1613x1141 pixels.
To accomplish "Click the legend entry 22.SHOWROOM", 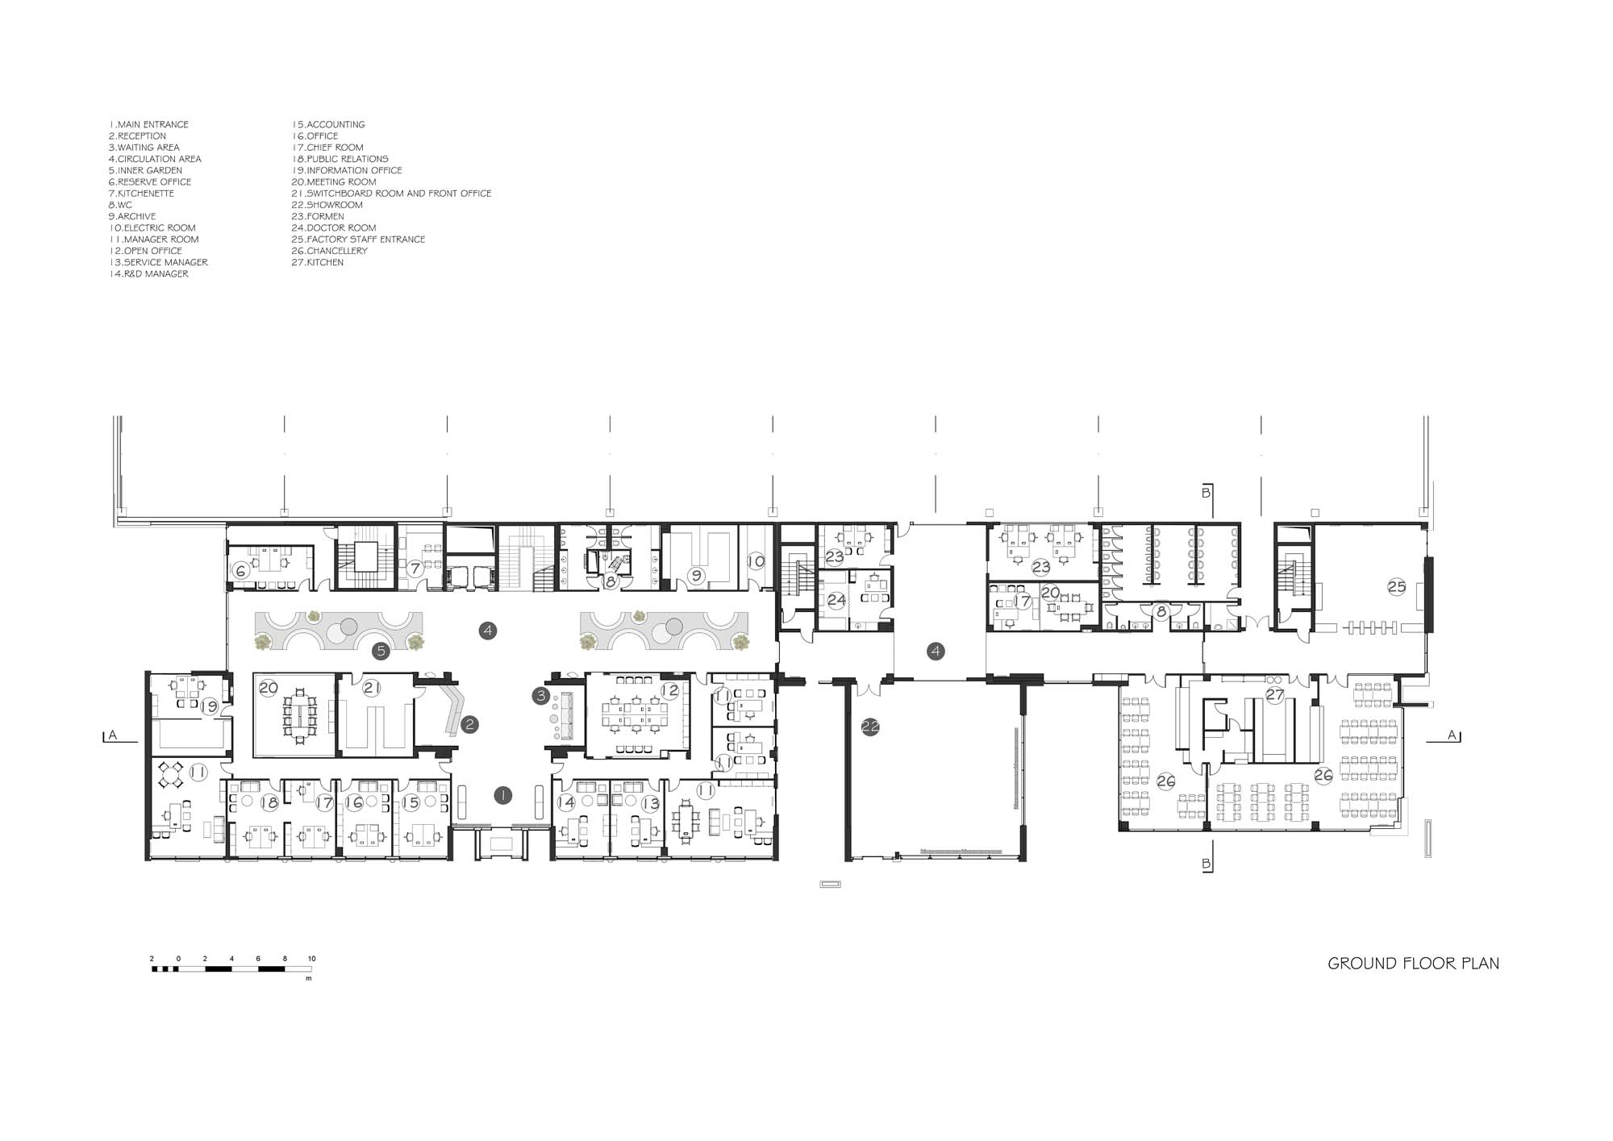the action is click(x=327, y=205).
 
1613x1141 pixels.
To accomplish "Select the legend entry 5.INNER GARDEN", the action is click(x=145, y=170).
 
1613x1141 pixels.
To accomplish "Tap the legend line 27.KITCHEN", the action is click(x=317, y=262).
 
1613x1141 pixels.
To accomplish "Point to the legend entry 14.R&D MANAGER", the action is click(x=148, y=274).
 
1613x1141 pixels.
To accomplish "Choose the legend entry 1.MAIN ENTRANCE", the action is click(x=148, y=124).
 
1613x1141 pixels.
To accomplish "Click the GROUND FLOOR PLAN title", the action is click(x=1414, y=963).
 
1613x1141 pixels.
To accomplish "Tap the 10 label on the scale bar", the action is click(x=311, y=959).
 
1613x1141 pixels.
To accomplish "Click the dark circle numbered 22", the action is click(x=869, y=727).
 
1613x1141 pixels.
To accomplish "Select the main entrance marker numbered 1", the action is click(x=502, y=796).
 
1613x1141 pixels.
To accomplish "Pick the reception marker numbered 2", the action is click(x=469, y=725).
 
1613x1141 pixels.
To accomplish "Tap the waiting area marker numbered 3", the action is click(x=541, y=695).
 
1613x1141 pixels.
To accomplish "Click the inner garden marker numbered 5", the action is click(x=381, y=651).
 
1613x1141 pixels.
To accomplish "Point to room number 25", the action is click(x=1396, y=587).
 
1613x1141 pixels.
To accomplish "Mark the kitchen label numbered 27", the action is click(x=1275, y=694).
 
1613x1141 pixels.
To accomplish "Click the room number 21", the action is click(x=372, y=688).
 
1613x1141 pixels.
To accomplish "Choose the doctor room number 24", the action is click(x=836, y=600).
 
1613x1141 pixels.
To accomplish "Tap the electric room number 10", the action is click(x=756, y=561).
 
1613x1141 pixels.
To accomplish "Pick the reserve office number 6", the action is click(x=240, y=570).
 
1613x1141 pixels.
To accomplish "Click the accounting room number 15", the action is click(x=411, y=802).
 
